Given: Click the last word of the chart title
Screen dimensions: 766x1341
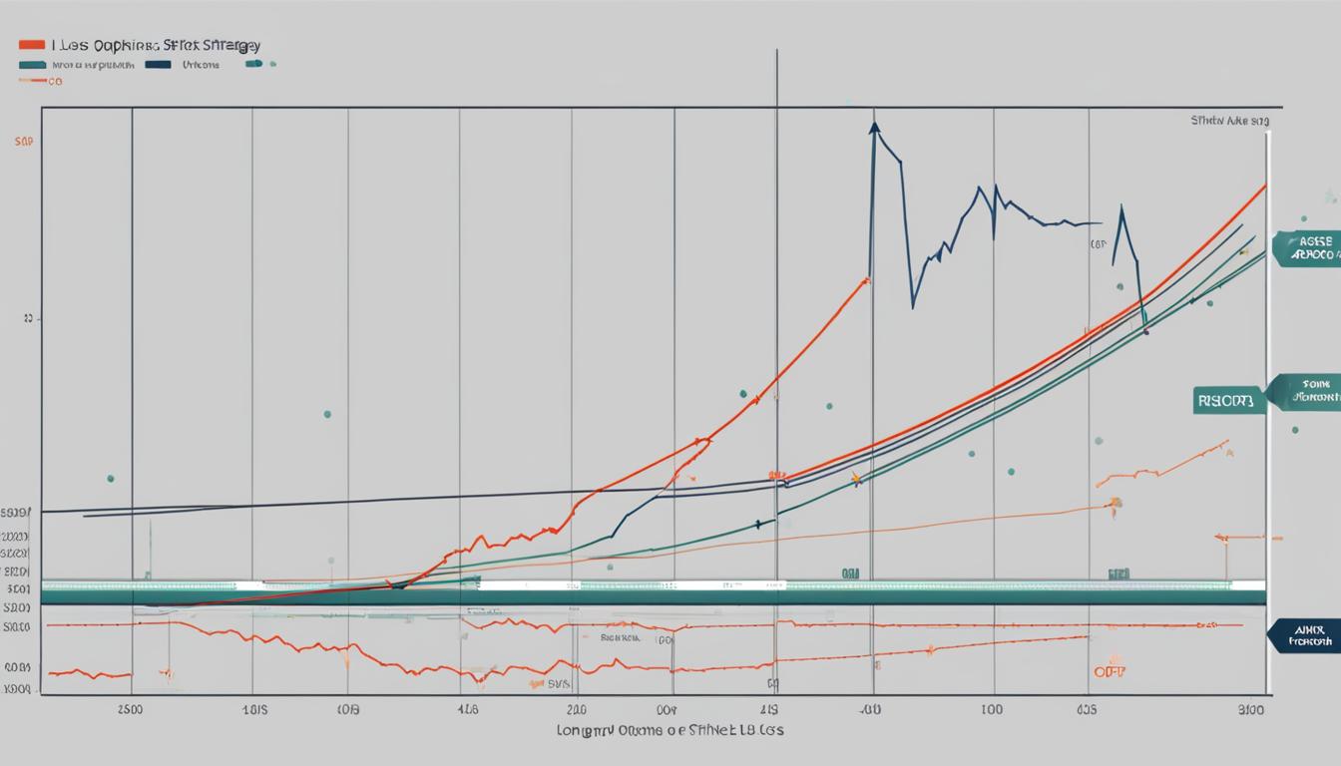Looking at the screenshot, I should [x=231, y=46].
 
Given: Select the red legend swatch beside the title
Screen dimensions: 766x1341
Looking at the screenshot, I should [x=32, y=45].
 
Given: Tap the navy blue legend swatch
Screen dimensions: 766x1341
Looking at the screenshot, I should [x=158, y=64].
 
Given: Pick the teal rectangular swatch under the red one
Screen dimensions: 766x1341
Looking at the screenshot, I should [x=32, y=64].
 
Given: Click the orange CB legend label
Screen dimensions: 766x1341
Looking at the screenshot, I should [x=54, y=81].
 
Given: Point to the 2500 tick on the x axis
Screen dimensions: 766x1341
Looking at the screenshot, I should [x=131, y=711].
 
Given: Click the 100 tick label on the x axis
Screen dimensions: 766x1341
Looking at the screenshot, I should [x=992, y=711].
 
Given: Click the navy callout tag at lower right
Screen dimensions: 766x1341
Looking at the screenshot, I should [x=1306, y=635].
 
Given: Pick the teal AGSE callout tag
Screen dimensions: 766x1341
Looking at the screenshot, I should [x=1306, y=248].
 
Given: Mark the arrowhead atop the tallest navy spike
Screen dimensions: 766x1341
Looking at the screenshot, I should [x=874, y=127].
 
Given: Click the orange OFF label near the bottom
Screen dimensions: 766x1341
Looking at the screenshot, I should [x=1109, y=672].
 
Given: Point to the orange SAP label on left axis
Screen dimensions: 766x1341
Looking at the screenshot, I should [x=24, y=143].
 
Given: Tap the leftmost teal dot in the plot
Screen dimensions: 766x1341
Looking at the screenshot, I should [x=110, y=479].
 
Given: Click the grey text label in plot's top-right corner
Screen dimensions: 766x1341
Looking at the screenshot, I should [x=1230, y=121].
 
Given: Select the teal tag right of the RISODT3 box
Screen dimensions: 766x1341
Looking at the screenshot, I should [x=1305, y=391].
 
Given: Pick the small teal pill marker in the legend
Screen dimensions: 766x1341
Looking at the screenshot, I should [x=253, y=64].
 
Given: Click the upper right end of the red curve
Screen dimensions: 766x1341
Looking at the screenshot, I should [x=1265, y=186].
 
